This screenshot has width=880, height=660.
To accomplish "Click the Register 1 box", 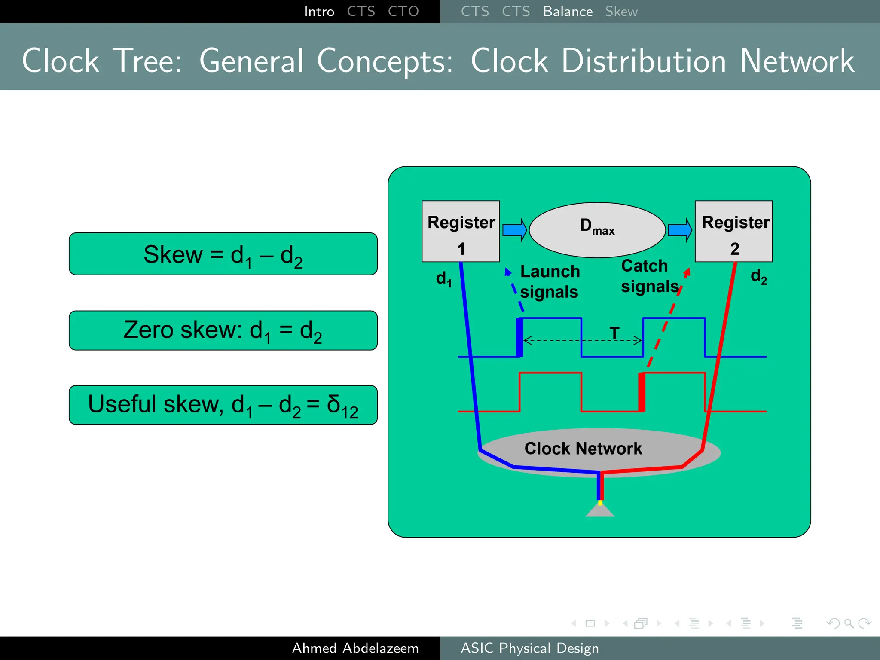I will pyautogui.click(x=460, y=231).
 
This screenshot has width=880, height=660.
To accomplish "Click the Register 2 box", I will pyautogui.click(x=733, y=231).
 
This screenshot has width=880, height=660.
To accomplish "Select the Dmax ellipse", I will pyautogui.click(x=597, y=230).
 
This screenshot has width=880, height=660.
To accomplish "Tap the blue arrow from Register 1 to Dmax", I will pyautogui.click(x=514, y=230).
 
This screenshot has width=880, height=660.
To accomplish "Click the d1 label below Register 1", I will pyautogui.click(x=443, y=279).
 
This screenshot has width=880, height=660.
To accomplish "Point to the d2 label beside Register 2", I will pyautogui.click(x=758, y=276).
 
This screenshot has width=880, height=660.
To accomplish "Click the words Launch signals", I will pyautogui.click(x=550, y=282).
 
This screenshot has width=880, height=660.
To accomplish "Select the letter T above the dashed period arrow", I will pyautogui.click(x=614, y=333).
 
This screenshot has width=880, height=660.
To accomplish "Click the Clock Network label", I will pyautogui.click(x=583, y=449).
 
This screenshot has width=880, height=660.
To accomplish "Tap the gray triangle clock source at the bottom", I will pyautogui.click(x=600, y=510).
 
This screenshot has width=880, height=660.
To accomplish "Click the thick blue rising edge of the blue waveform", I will pyautogui.click(x=519, y=338).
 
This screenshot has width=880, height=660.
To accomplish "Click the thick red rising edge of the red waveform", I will pyautogui.click(x=642, y=392).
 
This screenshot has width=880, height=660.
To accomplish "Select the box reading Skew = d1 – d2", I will pyautogui.click(x=223, y=254).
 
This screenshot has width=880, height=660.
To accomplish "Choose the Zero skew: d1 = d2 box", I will pyautogui.click(x=223, y=330).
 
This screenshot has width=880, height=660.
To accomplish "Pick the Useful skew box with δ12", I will pyautogui.click(x=223, y=405).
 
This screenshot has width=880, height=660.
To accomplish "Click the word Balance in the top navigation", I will pyautogui.click(x=568, y=12).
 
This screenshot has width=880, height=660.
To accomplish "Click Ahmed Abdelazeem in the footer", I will pyautogui.click(x=355, y=648).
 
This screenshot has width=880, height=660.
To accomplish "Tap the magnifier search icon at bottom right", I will pyautogui.click(x=849, y=623).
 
